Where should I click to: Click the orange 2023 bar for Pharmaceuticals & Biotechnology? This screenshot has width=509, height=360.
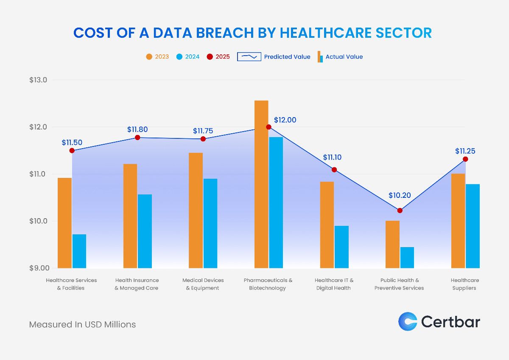[261, 184]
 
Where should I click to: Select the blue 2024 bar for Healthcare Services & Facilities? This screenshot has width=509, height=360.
[79, 251]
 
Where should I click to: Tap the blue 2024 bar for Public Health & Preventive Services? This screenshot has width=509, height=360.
[407, 257]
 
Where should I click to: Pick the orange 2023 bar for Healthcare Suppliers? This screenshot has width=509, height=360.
[458, 221]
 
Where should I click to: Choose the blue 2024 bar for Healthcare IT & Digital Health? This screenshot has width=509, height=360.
[341, 247]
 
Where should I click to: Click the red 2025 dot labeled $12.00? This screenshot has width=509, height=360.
[268, 127]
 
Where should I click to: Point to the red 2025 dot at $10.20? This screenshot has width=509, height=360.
[400, 211]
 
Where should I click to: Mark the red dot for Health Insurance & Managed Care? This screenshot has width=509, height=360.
[137, 138]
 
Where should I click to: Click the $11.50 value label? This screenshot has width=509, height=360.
[72, 143]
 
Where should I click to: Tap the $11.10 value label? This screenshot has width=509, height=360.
[332, 157]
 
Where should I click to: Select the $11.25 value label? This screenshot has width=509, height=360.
[465, 151]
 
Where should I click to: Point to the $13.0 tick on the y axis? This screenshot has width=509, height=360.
[38, 80]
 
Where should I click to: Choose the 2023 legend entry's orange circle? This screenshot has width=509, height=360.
[149, 56]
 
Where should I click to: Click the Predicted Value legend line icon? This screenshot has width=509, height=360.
[249, 56]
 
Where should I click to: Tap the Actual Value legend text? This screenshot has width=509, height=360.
[344, 56]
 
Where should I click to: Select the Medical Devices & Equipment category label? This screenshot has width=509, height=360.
[203, 284]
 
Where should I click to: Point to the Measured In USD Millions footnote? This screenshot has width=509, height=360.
[82, 324]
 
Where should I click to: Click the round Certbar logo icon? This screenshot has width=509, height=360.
[408, 321]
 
